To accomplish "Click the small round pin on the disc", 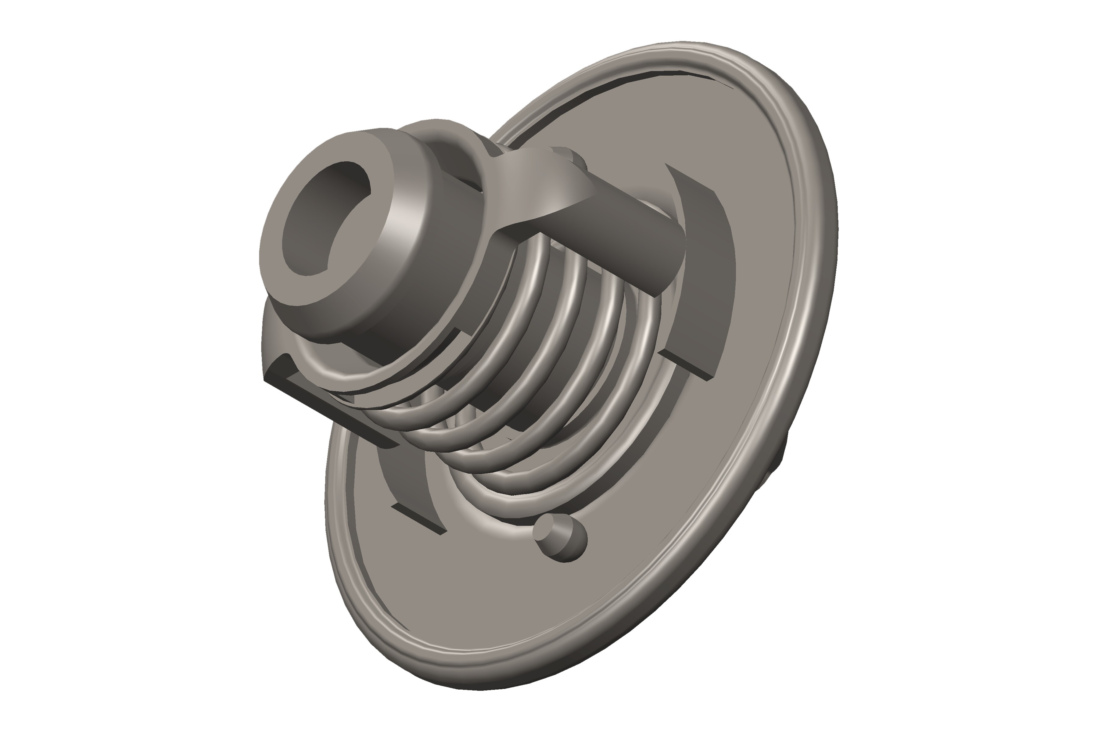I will pyautogui.click(x=560, y=537).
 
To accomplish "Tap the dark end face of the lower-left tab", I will pyautogui.click(x=418, y=518).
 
